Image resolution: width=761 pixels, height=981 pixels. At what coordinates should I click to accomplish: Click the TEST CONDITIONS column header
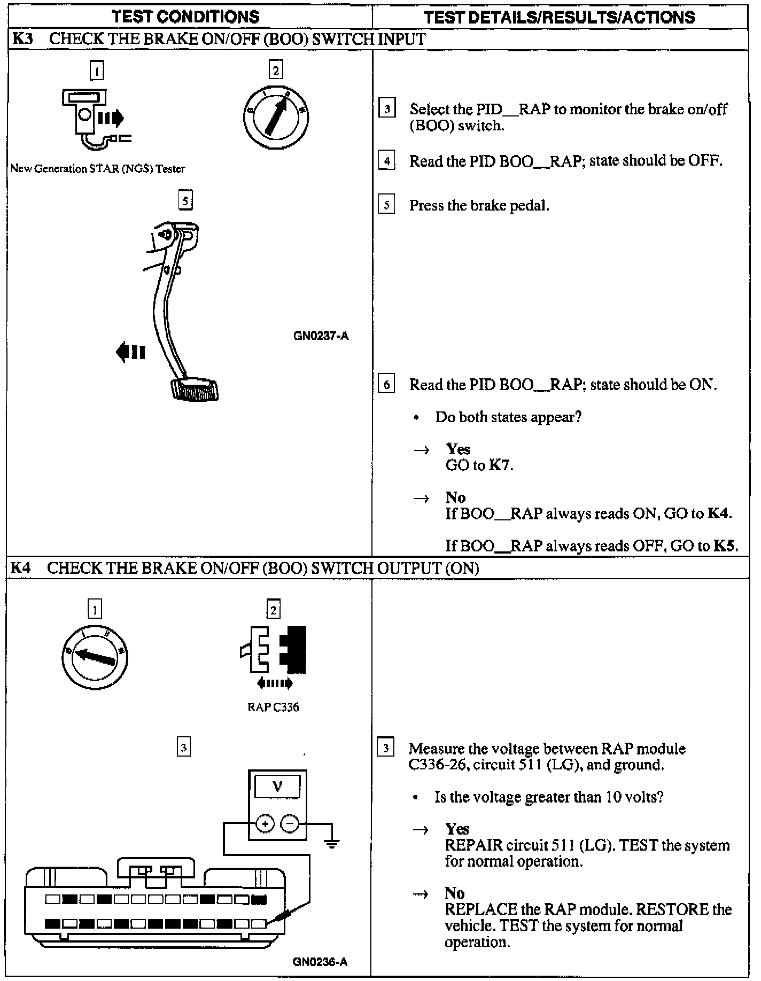coord(185,17)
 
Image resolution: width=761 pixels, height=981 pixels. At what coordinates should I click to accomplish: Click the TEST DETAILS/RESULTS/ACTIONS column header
coord(560,17)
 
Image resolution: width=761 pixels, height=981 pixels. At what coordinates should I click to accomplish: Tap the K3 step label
coord(22,39)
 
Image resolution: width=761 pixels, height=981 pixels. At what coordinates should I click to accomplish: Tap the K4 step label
coord(21,567)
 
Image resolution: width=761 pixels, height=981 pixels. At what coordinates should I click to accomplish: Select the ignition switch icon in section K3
coord(276,118)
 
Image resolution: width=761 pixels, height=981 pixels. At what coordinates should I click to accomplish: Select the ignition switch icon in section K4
coord(95,657)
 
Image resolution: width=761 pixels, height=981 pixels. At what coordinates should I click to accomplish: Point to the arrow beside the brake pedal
coord(130,352)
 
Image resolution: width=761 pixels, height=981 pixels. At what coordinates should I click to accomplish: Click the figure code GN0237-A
coord(321,336)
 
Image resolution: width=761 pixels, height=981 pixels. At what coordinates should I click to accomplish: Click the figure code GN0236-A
coord(320,962)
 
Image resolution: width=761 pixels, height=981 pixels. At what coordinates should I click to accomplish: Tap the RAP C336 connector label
coord(273,707)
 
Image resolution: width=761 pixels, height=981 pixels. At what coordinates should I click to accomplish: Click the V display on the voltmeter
coord(277,787)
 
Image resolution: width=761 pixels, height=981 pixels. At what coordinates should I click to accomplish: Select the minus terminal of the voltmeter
coord(290,823)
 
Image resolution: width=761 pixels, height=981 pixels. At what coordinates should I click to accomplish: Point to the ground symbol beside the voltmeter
coord(332,844)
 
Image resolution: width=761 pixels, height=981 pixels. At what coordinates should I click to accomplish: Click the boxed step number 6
coord(386,384)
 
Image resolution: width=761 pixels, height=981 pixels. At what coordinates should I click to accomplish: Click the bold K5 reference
coord(725,546)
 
